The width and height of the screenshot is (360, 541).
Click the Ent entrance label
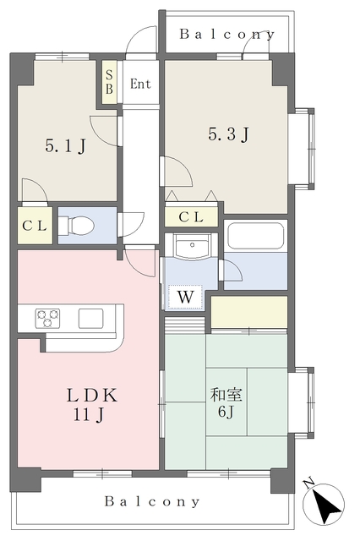(140, 84)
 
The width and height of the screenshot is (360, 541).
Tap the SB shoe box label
(110, 82)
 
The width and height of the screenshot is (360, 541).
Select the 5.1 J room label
(65, 146)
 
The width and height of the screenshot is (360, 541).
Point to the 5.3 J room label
(228, 134)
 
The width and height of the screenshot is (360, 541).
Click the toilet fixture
(81, 226)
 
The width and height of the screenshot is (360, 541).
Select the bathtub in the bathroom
(255, 236)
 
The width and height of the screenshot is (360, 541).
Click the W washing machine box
(184, 297)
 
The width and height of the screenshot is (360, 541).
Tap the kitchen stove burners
(48, 318)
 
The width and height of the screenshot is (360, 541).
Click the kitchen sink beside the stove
(90, 318)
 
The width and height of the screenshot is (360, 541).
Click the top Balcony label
(226, 35)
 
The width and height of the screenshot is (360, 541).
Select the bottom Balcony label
(152, 501)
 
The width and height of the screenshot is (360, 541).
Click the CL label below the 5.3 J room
(190, 217)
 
